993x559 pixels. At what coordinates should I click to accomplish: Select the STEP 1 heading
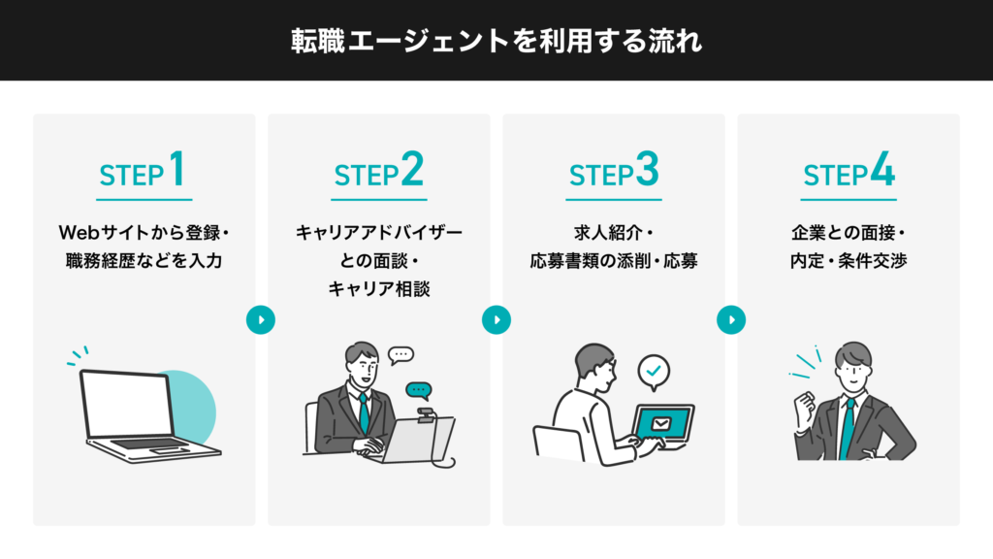[143, 172]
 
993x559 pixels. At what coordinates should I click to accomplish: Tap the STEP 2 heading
[379, 172]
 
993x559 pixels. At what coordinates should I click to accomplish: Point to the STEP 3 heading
[614, 172]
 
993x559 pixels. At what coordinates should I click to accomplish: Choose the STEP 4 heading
[849, 172]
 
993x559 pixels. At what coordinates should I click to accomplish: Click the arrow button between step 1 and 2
[261, 319]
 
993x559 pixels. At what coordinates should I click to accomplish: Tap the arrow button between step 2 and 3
[496, 319]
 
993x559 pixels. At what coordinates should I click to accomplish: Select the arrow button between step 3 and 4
[731, 319]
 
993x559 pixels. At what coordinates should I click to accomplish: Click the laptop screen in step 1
[127, 403]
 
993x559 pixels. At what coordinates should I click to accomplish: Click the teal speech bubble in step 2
[418, 391]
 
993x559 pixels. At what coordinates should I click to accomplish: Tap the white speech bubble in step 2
[400, 355]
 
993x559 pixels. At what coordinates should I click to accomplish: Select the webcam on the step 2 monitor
[425, 414]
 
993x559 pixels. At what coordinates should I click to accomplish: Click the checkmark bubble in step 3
[654, 371]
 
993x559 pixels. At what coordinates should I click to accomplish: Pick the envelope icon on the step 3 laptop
[661, 422]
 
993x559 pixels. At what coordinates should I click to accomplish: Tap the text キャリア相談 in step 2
[379, 288]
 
